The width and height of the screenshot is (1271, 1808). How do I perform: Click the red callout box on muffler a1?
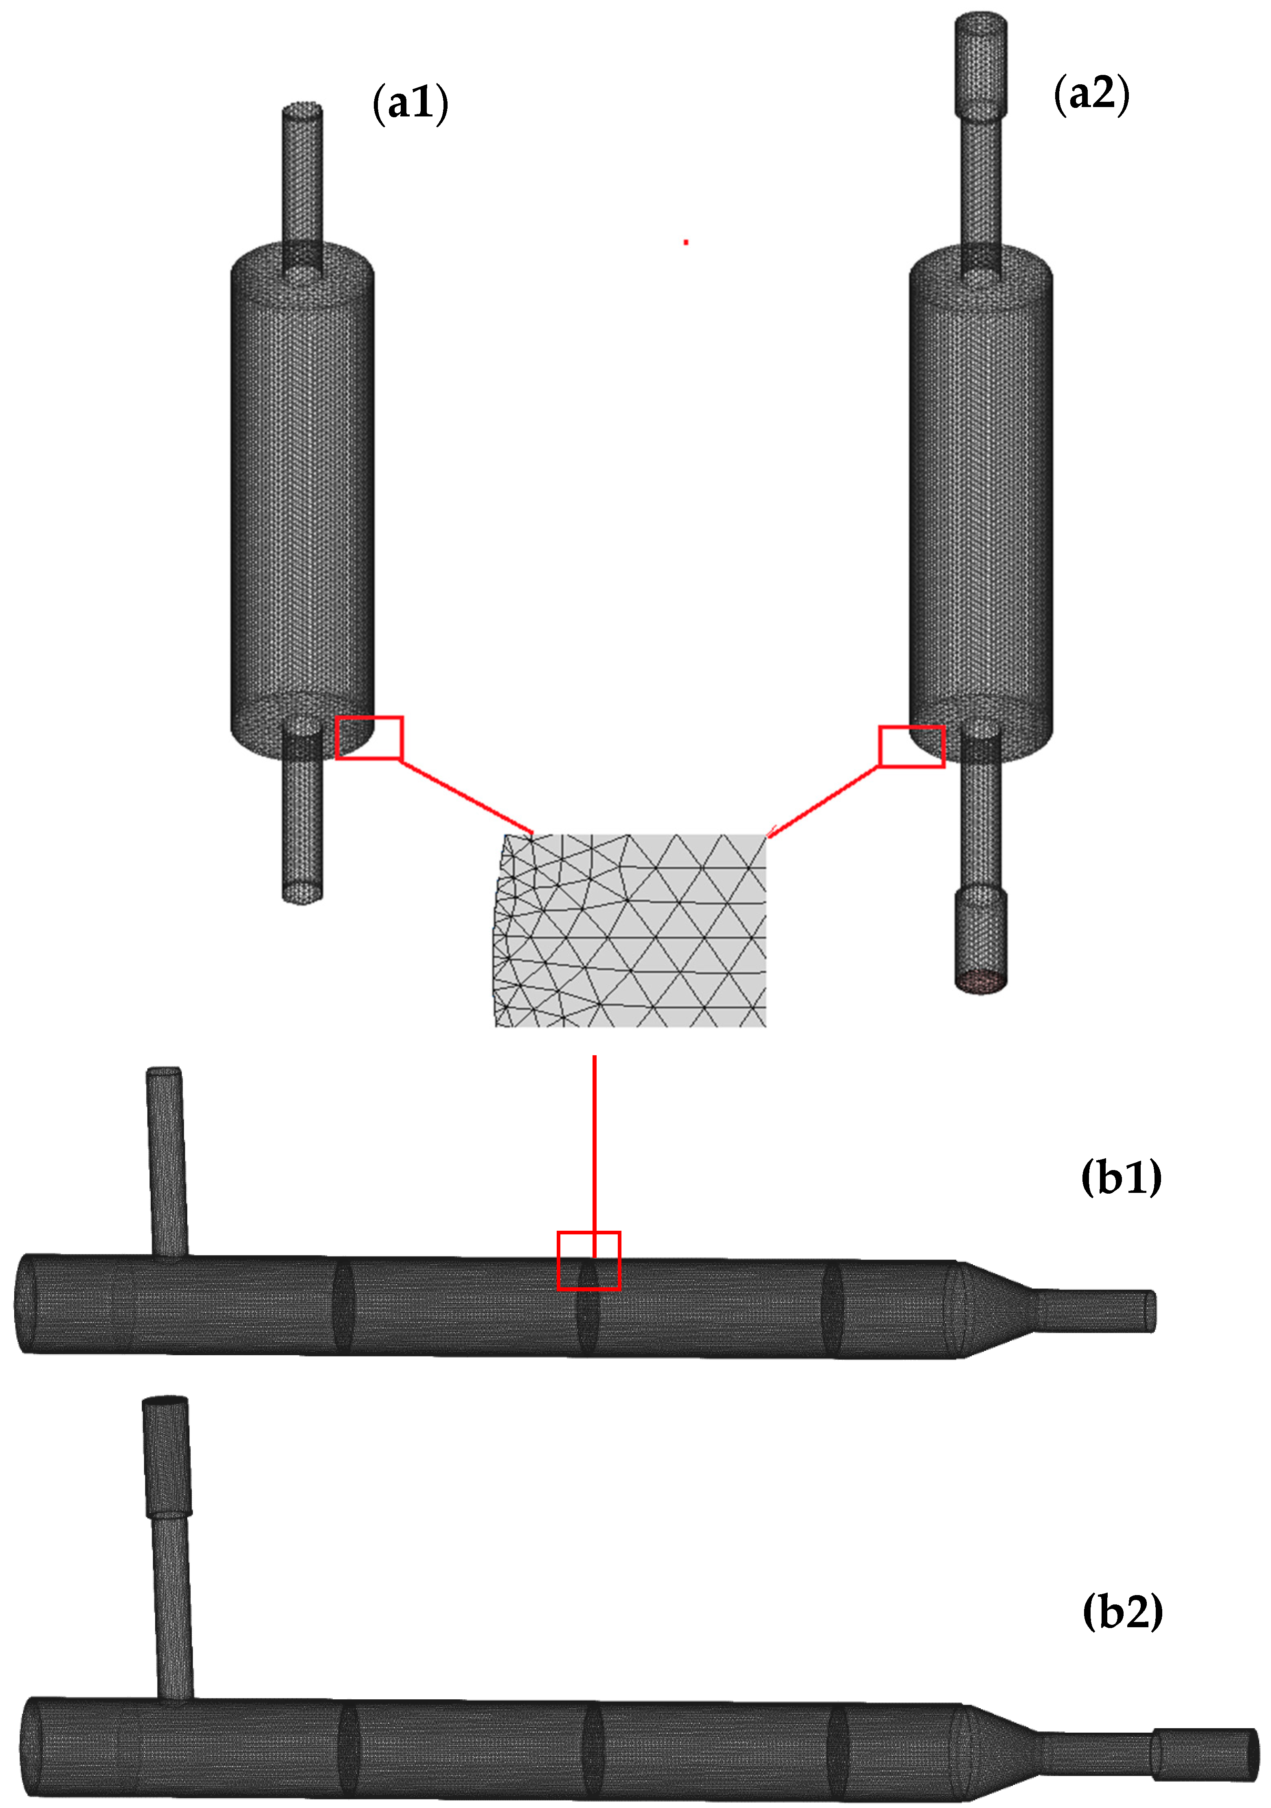[x=369, y=738]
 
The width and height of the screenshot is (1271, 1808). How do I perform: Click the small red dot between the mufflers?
[x=686, y=242]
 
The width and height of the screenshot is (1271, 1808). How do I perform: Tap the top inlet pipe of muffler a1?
[x=303, y=173]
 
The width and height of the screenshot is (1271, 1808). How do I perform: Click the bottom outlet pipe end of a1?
[x=303, y=890]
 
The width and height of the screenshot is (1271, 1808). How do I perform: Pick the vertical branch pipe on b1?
[x=167, y=1162]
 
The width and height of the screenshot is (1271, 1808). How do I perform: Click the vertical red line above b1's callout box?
[x=595, y=1142]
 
